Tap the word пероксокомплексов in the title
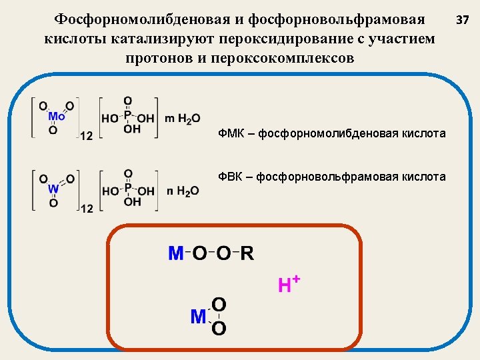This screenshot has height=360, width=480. pos(283,57)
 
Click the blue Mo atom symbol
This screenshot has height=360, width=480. pos(57,117)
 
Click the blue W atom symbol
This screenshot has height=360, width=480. pos(53,189)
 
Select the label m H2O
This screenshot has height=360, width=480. pos(182,119)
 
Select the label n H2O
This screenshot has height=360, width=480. pos(183,191)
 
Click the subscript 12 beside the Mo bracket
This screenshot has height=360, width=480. pos(86,136)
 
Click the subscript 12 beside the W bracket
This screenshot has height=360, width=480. pos(86,208)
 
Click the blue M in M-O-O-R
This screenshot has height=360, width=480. pos(176,254)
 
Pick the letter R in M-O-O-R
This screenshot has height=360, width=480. pos(247,254)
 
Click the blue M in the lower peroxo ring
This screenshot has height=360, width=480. pos(198,317)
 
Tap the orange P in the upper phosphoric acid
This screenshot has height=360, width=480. pos(128,117)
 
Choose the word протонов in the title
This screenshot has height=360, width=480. pos(159,57)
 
